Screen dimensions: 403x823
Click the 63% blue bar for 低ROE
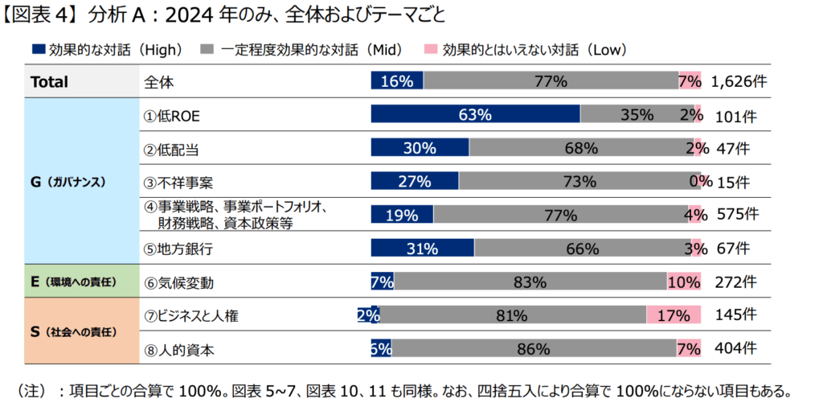pos(475,115)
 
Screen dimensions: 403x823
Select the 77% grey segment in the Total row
pos(551,81)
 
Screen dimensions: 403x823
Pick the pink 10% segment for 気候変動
pos(683,282)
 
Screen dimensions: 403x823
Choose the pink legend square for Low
pos(431,49)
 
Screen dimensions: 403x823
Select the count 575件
pos(736,215)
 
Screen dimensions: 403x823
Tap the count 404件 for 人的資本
pos(736,349)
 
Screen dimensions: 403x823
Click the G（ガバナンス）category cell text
pos(68,182)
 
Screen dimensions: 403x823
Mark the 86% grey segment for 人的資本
pos(533,349)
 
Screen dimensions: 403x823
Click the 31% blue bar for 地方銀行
pos(420,249)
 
